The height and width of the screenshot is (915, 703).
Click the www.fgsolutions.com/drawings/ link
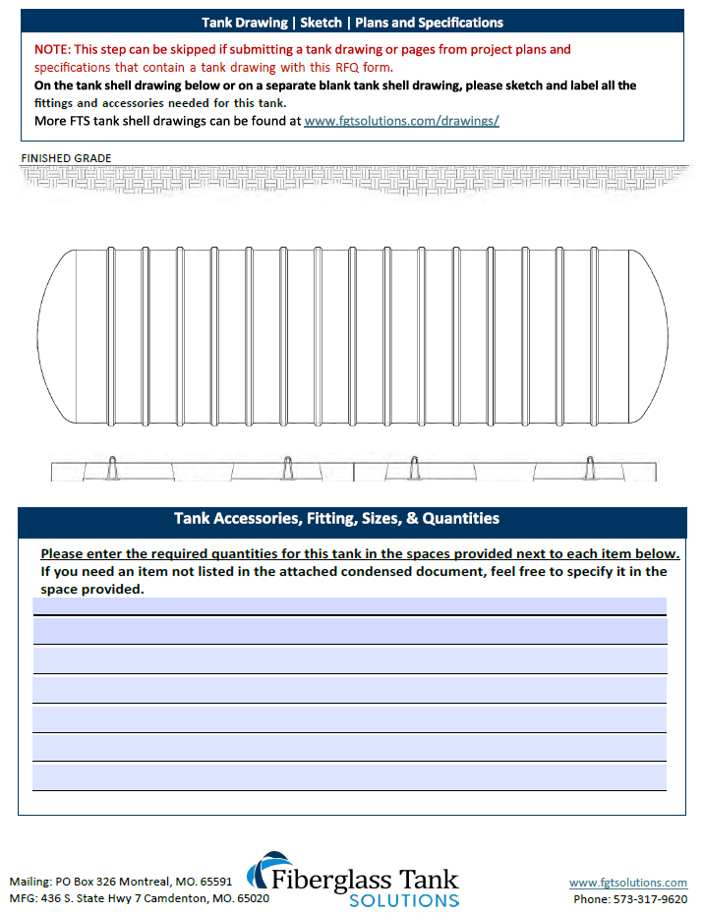pyautogui.click(x=401, y=122)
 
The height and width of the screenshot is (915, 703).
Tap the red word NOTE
pyautogui.click(x=51, y=49)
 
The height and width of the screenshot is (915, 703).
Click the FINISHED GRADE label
pyautogui.click(x=66, y=158)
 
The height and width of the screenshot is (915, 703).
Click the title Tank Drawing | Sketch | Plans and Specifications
pyautogui.click(x=352, y=23)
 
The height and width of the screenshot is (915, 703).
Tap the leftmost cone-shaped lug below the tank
pyautogui.click(x=112, y=468)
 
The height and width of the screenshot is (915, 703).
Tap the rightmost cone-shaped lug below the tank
pyautogui.click(x=590, y=468)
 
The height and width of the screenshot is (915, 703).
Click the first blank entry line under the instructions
pyautogui.click(x=349, y=605)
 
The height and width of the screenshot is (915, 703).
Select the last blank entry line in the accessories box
pyautogui.click(x=349, y=777)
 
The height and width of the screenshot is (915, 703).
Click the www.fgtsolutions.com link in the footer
pyautogui.click(x=628, y=883)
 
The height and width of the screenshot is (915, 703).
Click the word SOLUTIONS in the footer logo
pyautogui.click(x=404, y=899)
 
